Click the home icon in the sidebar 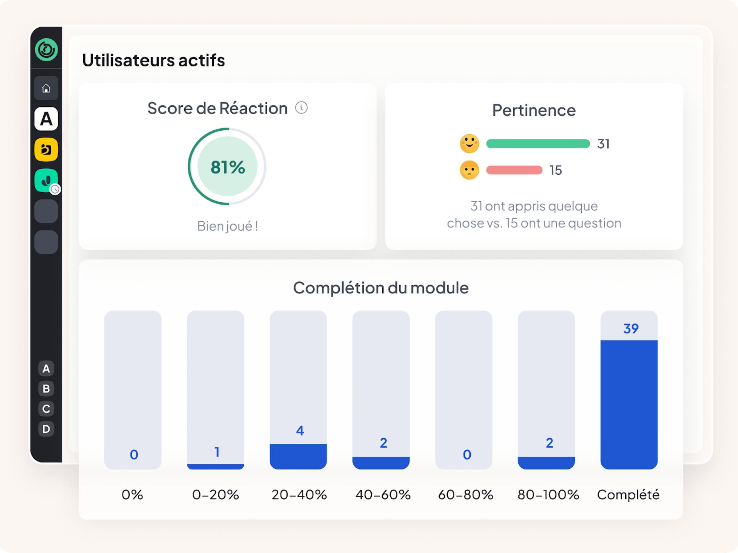click(46, 88)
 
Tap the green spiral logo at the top click(46, 50)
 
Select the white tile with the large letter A click(46, 119)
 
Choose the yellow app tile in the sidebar click(46, 150)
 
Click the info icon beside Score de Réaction click(301, 108)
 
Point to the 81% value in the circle click(228, 167)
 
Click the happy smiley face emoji click(469, 144)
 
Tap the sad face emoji click(469, 170)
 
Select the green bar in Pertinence click(538, 144)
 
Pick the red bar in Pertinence click(514, 170)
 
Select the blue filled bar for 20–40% click(298, 456)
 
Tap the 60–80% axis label click(465, 495)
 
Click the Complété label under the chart click(628, 495)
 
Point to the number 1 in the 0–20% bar click(217, 452)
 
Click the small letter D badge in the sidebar click(46, 429)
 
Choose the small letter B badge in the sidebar click(46, 389)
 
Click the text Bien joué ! click(228, 226)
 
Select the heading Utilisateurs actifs click(154, 60)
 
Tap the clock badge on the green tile click(55, 189)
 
